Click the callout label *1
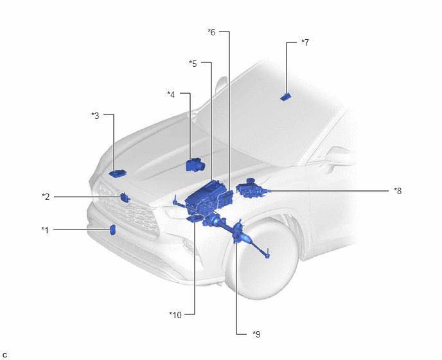coord(45,230)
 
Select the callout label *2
coord(46,197)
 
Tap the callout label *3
coord(95,116)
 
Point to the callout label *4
coord(171,94)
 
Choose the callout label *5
coord(193,64)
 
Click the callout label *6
coord(211,32)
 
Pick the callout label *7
coord(305,42)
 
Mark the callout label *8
coord(398,191)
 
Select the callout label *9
coord(256,334)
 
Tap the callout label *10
coord(175,315)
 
